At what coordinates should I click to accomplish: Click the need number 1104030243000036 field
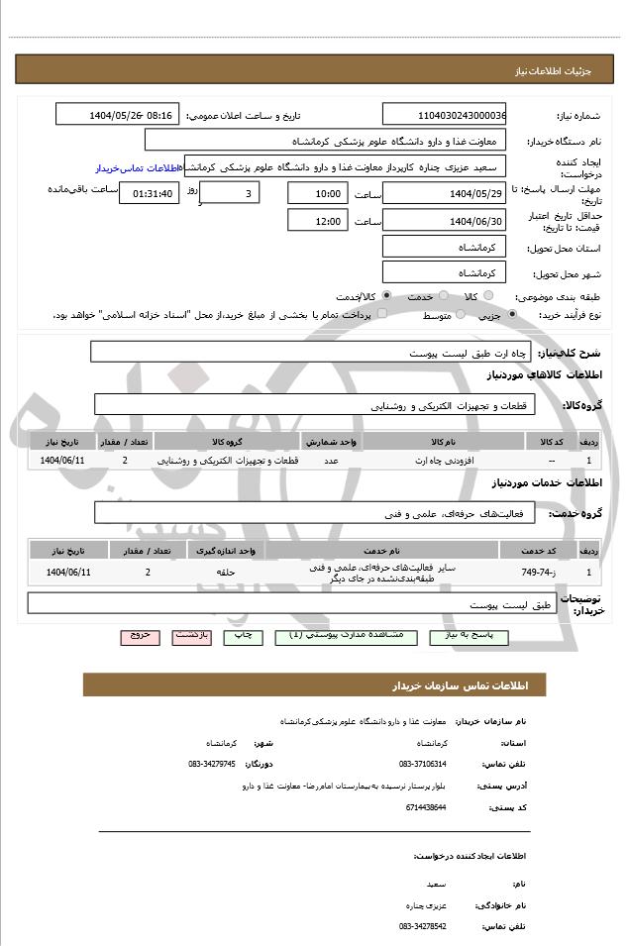coord(444,115)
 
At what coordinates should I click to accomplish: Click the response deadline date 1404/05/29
coord(444,193)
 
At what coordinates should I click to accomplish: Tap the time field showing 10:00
coord(317,193)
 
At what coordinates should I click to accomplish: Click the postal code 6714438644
coord(423,807)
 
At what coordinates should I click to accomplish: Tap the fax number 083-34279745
coord(212,764)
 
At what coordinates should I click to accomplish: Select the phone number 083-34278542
coord(423,926)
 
